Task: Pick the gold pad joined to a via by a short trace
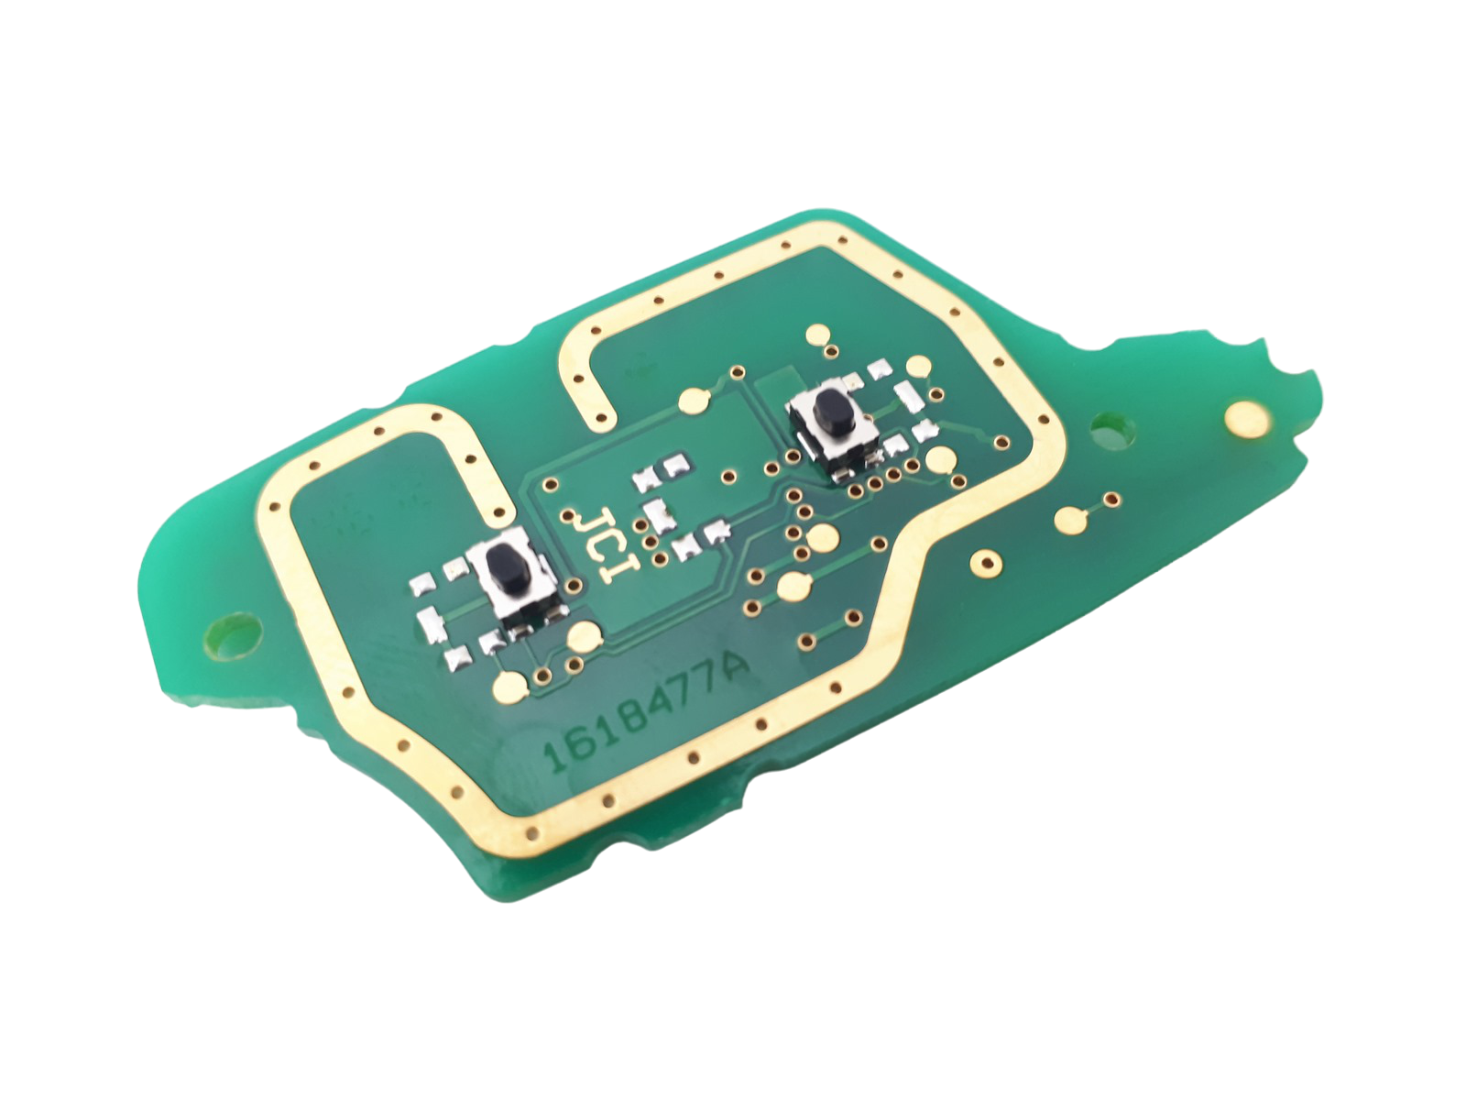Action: point(1070,518)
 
